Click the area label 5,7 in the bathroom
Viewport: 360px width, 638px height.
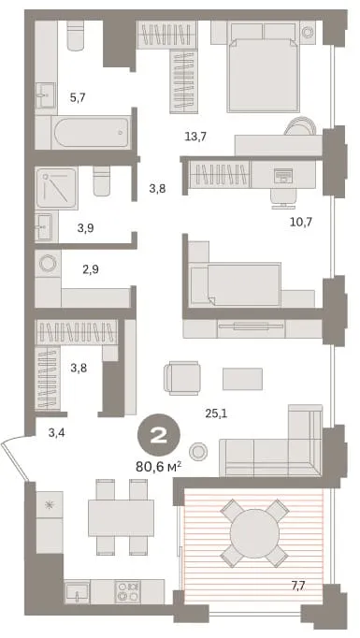[78, 97]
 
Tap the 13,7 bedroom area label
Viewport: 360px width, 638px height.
[195, 137]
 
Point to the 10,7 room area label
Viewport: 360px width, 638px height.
[301, 222]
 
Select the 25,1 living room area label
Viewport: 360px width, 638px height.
[216, 413]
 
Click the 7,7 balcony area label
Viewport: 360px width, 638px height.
[298, 586]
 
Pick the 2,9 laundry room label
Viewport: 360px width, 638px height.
[91, 269]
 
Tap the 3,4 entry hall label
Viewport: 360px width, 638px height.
[56, 433]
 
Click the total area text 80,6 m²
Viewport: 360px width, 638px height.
[158, 466]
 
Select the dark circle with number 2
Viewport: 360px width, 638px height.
[159, 436]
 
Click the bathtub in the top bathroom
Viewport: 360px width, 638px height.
[91, 132]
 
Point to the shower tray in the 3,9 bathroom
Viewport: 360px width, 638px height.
[56, 188]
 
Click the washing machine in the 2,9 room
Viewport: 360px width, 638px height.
[48, 263]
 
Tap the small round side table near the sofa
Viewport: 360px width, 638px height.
[198, 451]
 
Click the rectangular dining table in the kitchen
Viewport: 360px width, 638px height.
[121, 518]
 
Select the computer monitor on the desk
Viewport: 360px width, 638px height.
[283, 175]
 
